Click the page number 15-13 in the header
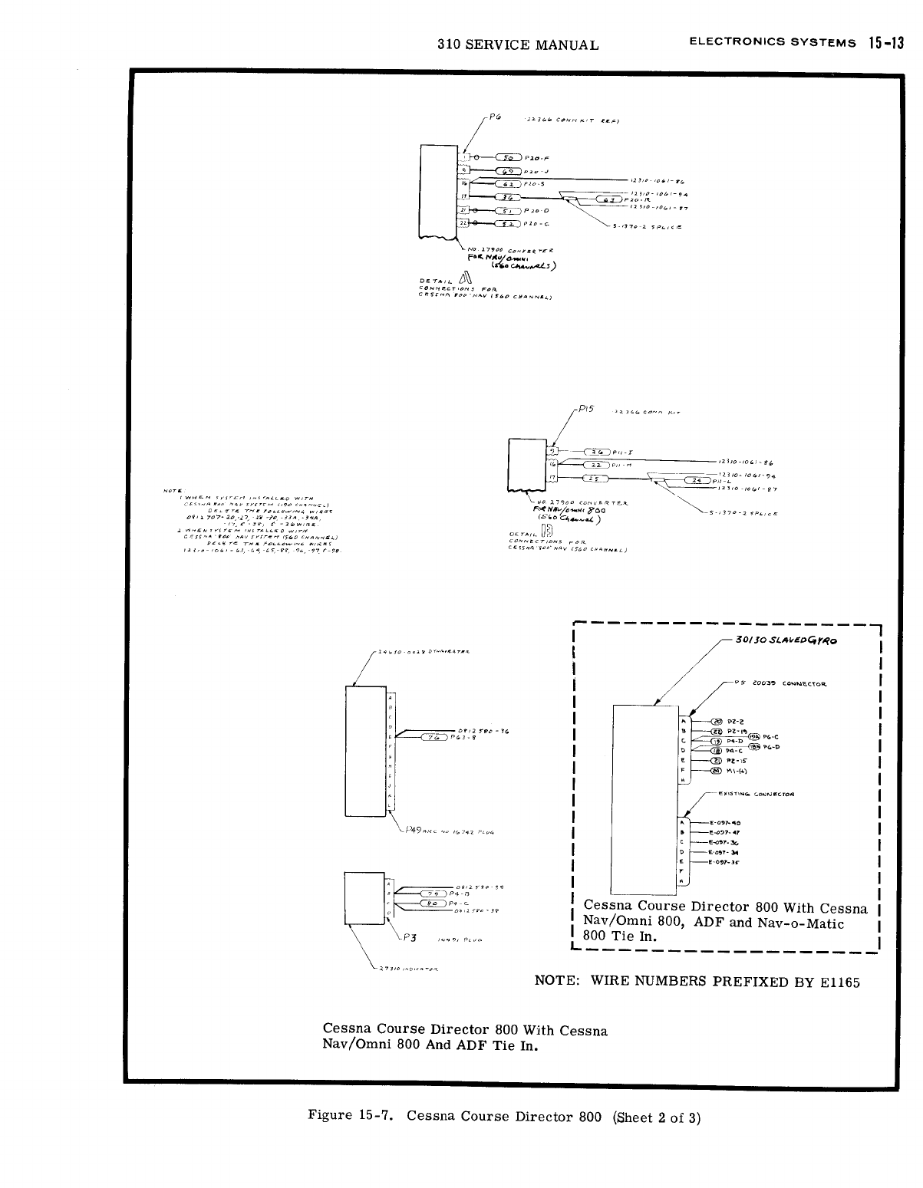[884, 43]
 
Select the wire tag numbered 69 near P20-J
[509, 171]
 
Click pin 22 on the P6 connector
[463, 223]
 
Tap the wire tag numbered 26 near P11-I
[596, 451]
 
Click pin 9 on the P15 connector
[550, 451]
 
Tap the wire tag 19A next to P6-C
[754, 736]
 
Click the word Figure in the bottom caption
[330, 1116]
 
